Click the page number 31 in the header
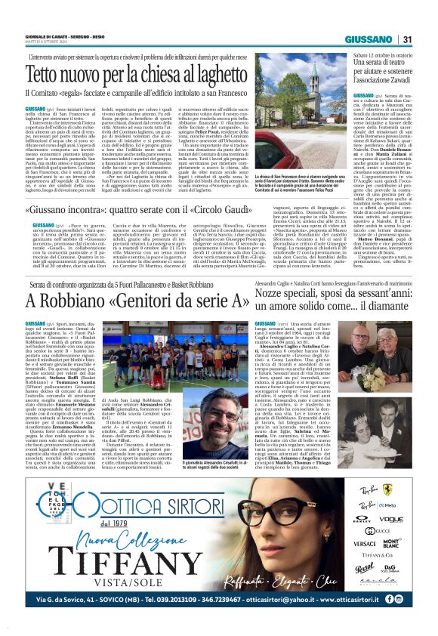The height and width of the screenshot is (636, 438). (407, 40)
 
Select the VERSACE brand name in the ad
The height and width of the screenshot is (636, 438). (356, 543)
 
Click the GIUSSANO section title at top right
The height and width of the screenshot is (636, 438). (369, 40)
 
